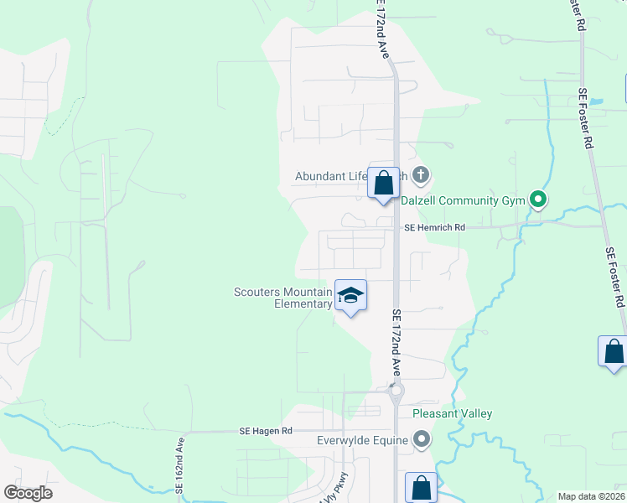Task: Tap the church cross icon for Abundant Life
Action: coord(421,175)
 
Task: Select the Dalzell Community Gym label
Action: coord(462,200)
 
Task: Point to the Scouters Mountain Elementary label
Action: coord(283,298)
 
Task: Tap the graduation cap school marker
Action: coord(351,295)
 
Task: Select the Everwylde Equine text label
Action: coord(362,440)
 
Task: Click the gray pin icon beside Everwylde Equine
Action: coord(422,439)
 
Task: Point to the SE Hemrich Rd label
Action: coord(434,227)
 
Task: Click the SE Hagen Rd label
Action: coord(265,431)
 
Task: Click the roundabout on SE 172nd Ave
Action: coord(396,391)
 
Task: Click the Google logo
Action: coord(28,493)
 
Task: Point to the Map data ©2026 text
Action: coord(591,496)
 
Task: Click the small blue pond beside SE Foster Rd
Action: coord(596,102)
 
